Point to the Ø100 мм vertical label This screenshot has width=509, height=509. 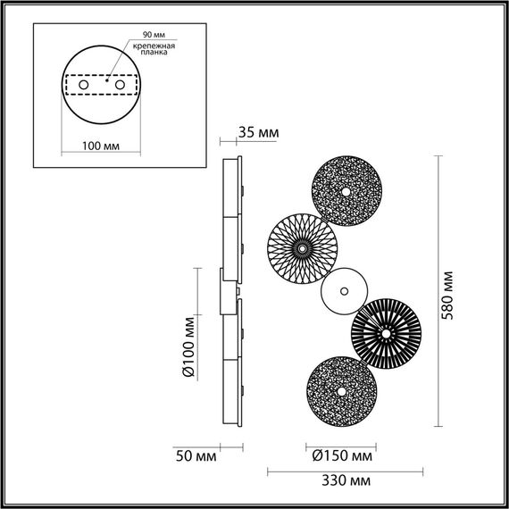tap(188, 348)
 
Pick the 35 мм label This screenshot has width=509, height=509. tap(259, 133)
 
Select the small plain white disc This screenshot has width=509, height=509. tap(344, 291)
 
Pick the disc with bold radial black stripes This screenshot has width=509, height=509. tap(386, 332)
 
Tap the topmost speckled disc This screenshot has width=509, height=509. tap(346, 191)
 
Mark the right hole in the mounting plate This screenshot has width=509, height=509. tap(118, 84)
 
